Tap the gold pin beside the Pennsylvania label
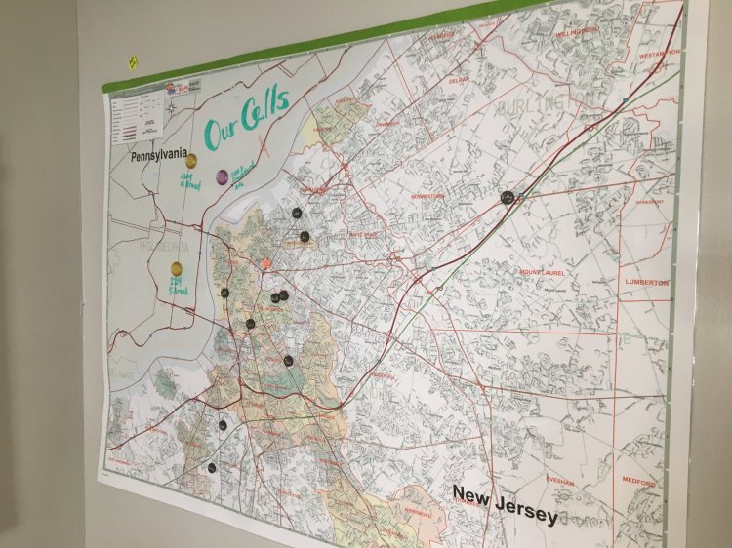click(191, 161)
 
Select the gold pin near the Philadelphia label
click(177, 268)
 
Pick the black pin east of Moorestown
click(507, 198)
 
